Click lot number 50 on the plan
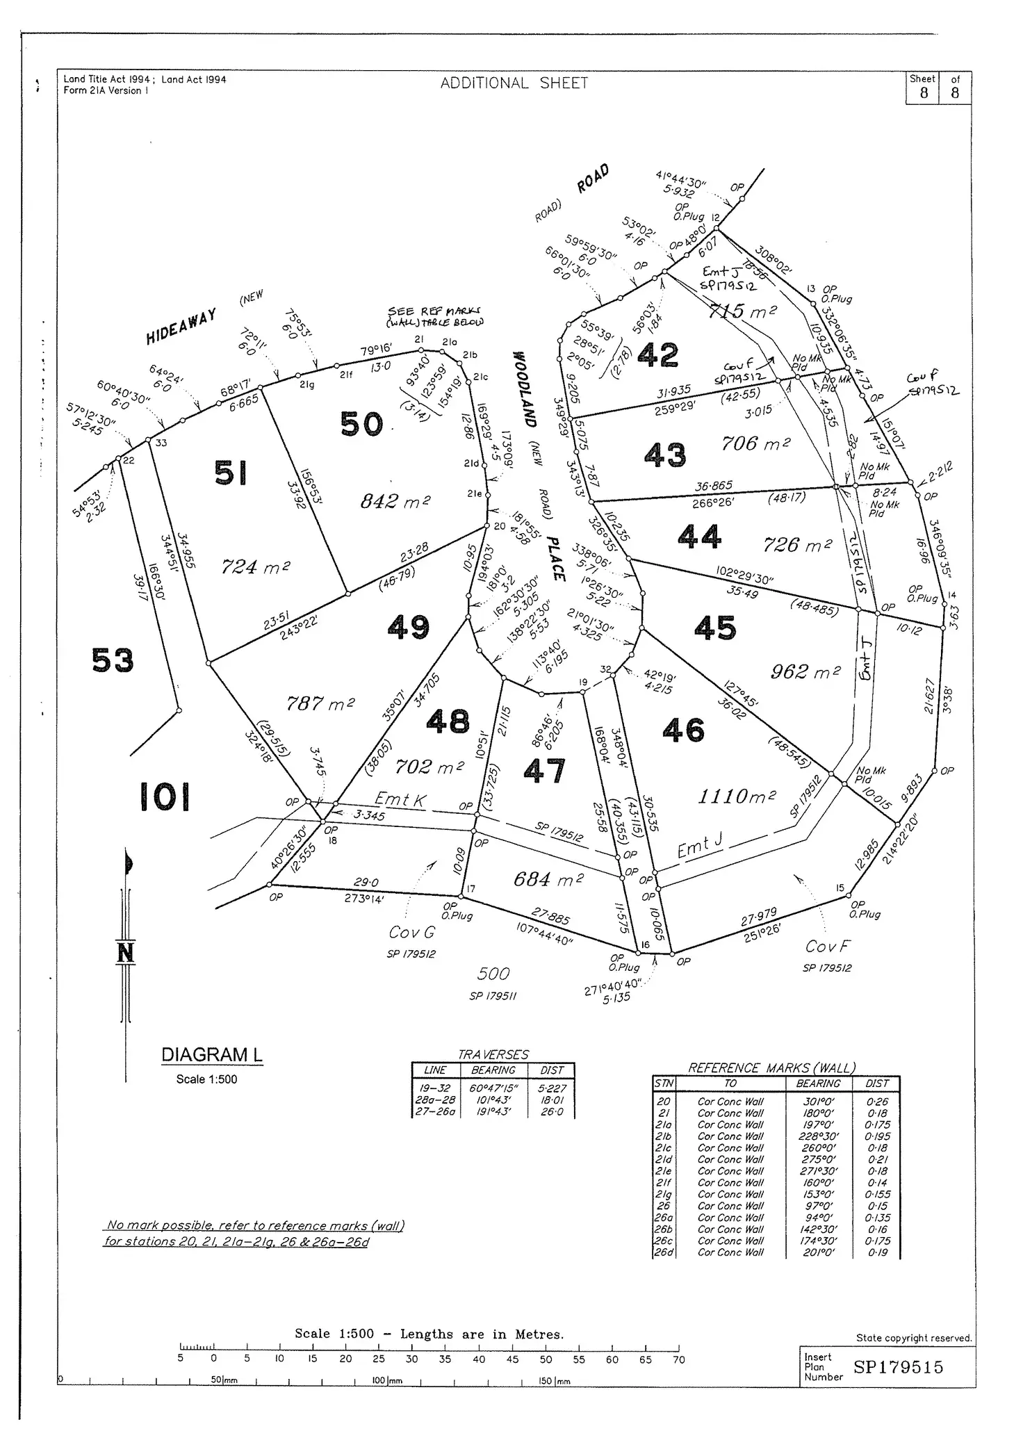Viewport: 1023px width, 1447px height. pos(361,424)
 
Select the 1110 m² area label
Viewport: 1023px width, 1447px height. pos(737,796)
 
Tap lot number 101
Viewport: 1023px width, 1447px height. pos(165,796)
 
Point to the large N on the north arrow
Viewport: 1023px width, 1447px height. pos(125,952)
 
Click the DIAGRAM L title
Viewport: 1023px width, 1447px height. pos(212,1055)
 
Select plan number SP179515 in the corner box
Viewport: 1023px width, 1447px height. pos(898,1367)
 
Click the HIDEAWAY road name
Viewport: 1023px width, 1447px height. pos(181,327)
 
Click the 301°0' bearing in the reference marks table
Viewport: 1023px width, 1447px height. pos(818,1102)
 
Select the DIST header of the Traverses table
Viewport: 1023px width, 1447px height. pos(552,1070)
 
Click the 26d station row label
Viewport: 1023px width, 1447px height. pos(663,1252)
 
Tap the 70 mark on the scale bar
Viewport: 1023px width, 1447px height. pos(678,1359)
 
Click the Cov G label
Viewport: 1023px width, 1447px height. pos(411,932)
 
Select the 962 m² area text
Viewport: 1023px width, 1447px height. pos(805,671)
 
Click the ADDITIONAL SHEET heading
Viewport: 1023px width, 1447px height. pos(514,83)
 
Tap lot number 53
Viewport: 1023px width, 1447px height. pos(113,660)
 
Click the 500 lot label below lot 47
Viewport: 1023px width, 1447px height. pos(493,974)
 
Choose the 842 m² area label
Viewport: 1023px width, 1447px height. pos(395,501)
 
